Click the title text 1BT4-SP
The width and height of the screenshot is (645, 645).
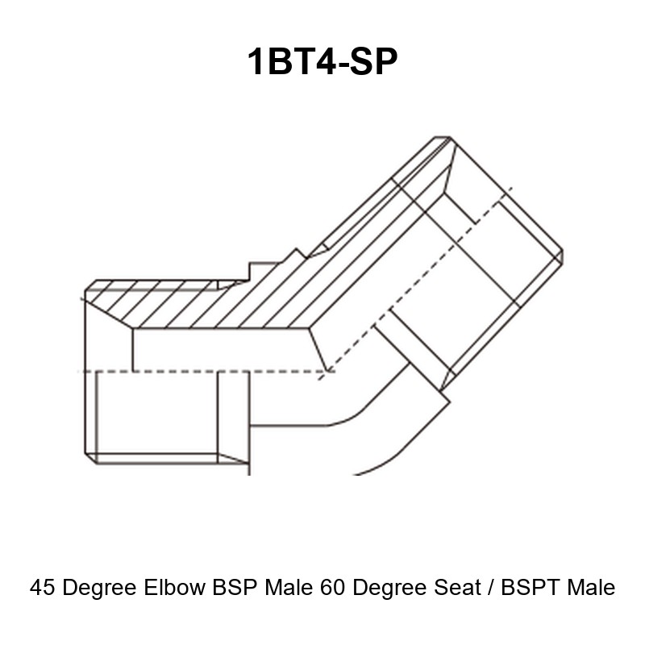(322, 61)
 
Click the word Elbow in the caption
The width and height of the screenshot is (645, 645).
(174, 587)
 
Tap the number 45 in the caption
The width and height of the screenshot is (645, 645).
(43, 587)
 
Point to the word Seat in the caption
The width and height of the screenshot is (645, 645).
(457, 587)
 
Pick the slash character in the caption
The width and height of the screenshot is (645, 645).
(491, 587)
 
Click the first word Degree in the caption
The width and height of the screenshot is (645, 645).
(99, 588)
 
